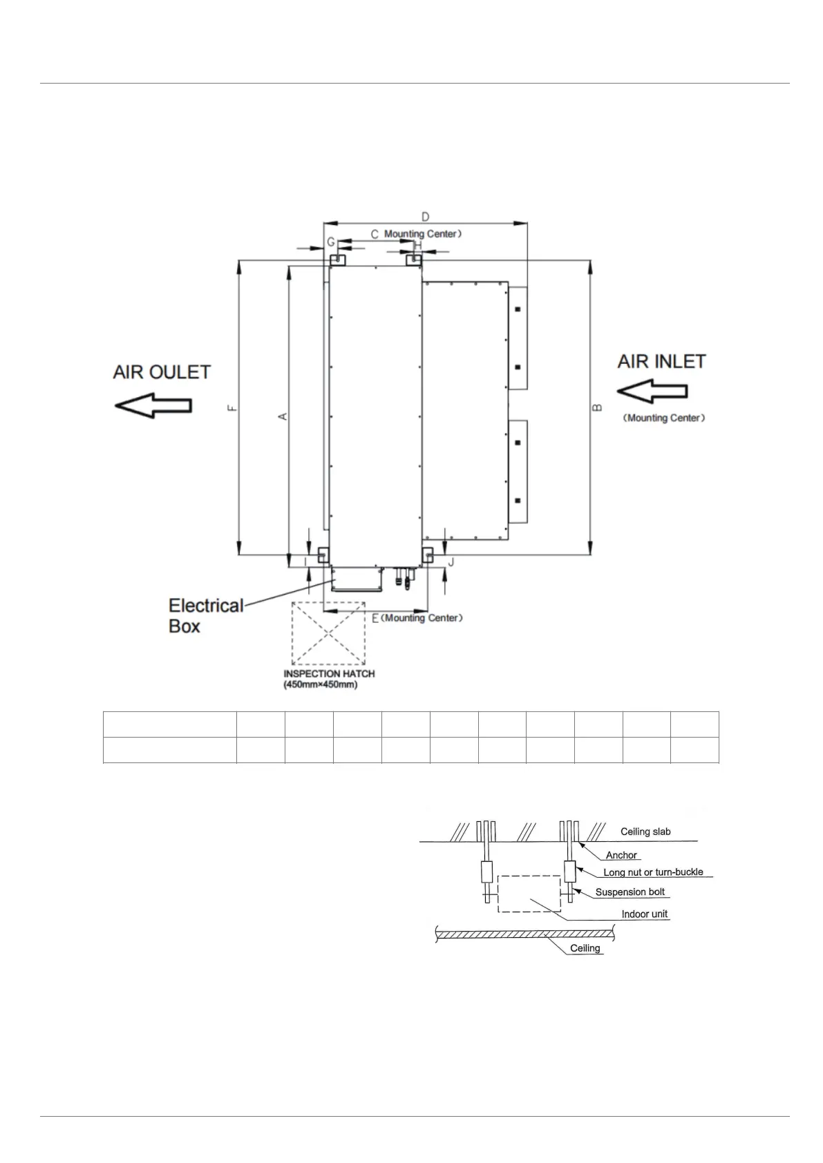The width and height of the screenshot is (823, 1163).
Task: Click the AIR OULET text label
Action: point(162,372)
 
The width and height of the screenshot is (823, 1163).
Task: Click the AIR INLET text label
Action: point(661,361)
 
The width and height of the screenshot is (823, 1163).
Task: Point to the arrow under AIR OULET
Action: point(153,405)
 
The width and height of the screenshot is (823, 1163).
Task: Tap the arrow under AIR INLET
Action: point(652,392)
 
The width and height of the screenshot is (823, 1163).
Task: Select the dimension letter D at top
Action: point(425,216)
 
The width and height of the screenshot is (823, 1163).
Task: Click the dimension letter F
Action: point(233,408)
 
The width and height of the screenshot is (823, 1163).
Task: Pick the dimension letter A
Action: point(283,416)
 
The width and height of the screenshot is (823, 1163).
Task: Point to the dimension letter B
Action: point(598,407)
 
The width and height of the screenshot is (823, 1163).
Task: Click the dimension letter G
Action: point(331,242)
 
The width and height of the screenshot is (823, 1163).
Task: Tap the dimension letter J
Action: point(451,562)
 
